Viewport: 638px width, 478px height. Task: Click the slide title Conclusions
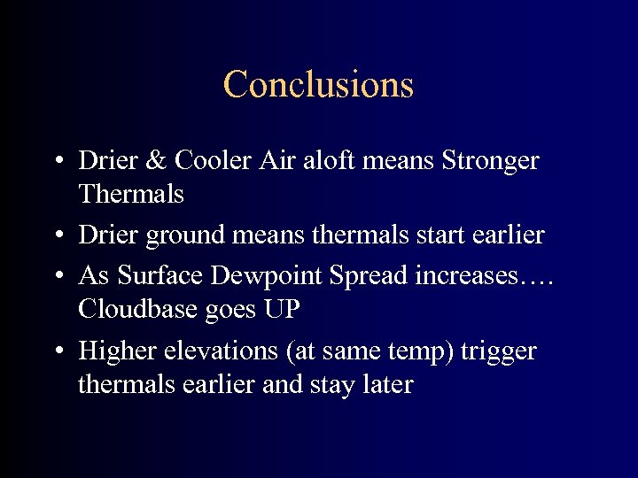coord(318,85)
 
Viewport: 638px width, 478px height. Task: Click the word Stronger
coord(490,161)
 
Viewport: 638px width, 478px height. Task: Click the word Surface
coord(160,275)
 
